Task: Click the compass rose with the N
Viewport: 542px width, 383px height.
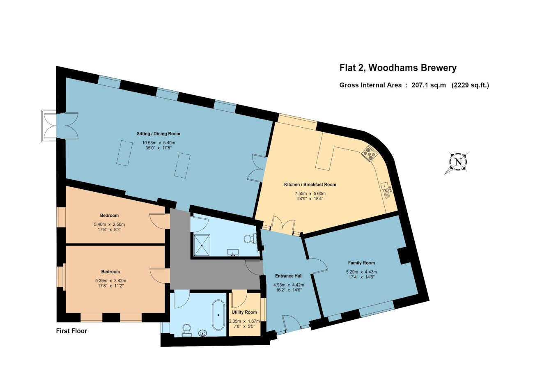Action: tap(458, 162)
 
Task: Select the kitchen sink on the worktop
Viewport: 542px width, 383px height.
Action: tap(386, 190)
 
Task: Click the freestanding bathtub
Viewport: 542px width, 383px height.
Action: tap(218, 315)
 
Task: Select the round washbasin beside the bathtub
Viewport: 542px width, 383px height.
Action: tap(203, 333)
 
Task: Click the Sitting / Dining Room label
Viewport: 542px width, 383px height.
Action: tap(158, 133)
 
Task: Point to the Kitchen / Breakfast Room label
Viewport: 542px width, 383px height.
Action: tap(310, 185)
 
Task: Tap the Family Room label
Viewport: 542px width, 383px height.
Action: tap(361, 263)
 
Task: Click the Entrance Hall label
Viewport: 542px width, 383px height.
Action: tap(289, 276)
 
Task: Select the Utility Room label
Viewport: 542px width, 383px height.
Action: tap(244, 312)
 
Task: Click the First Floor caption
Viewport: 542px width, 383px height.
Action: tap(71, 331)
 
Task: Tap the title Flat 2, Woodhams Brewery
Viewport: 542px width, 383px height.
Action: tap(398, 68)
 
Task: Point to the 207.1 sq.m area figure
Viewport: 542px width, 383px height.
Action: tap(429, 85)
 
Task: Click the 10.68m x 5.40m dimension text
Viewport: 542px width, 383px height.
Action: tap(158, 143)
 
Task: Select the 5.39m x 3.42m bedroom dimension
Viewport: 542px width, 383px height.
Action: tap(110, 281)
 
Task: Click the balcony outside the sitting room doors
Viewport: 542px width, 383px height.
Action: tap(49, 126)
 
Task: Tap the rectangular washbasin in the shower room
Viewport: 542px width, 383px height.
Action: tap(233, 252)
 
